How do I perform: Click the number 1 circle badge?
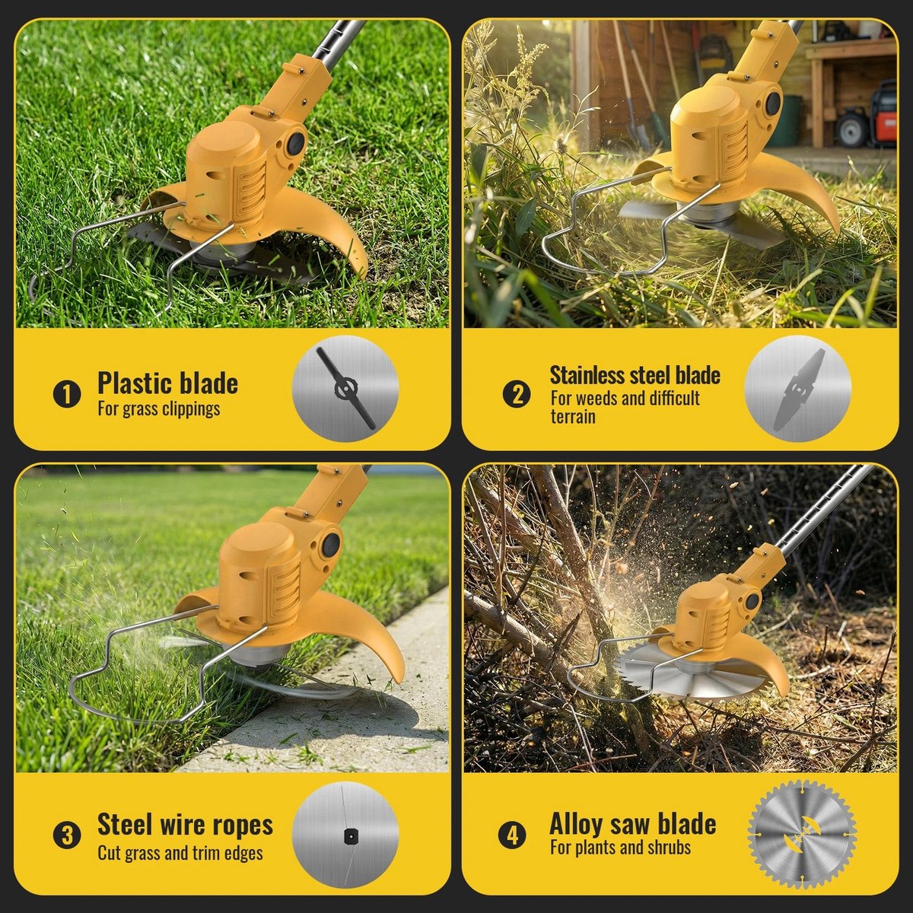pos(66,394)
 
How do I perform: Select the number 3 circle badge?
pos(66,835)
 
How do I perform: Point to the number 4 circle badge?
pos(513,835)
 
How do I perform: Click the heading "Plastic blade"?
pos(167,383)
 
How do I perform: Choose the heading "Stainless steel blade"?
pos(635,375)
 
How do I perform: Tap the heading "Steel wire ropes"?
pos(185,826)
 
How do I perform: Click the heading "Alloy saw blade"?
pos(632,825)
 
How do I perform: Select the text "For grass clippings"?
pos(159,409)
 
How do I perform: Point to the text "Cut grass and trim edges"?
pos(180,854)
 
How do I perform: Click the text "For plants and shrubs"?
pos(620,848)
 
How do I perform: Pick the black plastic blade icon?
pos(346,389)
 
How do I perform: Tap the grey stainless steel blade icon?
pos(799,389)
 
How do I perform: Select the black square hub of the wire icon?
pos(349,837)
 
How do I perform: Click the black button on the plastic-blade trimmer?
pos(296,142)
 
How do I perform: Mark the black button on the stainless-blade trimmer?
pos(773,101)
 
